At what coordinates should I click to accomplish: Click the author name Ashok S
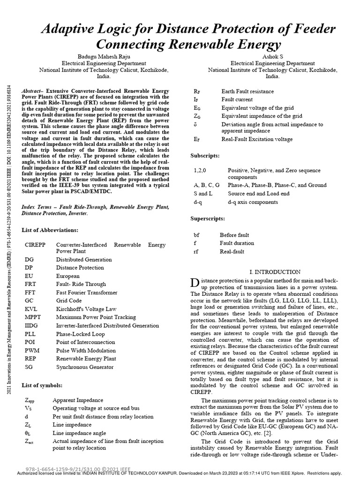(265, 56)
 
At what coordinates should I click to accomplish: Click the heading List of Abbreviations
(50, 230)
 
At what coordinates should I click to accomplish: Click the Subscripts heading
(205, 155)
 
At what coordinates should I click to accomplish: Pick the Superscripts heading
(208, 219)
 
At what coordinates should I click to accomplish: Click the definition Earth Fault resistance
(247, 91)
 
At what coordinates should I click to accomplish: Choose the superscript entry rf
(196, 252)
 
